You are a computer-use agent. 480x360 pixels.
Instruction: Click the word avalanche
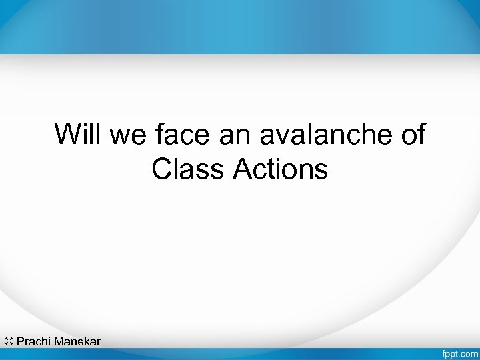pyautogui.click(x=323, y=134)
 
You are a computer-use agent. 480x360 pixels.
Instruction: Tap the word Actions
pyautogui.click(x=281, y=169)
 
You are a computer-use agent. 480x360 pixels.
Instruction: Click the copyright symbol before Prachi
pyautogui.click(x=9, y=341)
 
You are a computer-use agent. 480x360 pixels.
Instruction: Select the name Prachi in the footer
pyautogui.click(x=34, y=341)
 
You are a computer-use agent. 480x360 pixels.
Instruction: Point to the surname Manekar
pyautogui.click(x=77, y=341)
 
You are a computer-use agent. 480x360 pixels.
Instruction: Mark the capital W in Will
pyautogui.click(x=67, y=134)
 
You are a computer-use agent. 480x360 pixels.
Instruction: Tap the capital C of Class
pyautogui.click(x=161, y=169)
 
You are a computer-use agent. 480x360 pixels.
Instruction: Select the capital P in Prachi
pyautogui.click(x=21, y=341)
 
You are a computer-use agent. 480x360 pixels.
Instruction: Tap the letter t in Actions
pyautogui.click(x=270, y=169)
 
